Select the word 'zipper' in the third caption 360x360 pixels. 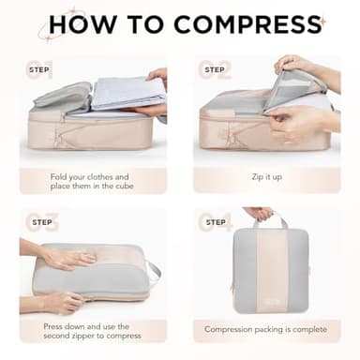93,335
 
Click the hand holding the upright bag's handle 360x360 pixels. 260,214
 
